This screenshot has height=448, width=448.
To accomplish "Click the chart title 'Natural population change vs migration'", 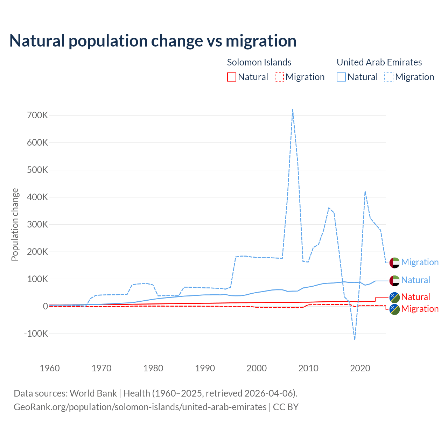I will click(x=153, y=41).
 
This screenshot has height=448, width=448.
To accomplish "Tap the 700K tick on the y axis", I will click(x=37, y=115).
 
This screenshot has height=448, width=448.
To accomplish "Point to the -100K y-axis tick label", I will click(x=36, y=334).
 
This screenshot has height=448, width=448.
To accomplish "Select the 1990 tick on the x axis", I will click(x=205, y=368).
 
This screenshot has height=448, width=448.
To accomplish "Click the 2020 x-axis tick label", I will click(x=360, y=368).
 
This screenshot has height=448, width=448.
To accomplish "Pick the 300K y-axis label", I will click(x=37, y=224).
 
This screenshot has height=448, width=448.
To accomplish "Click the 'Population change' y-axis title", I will click(x=15, y=224).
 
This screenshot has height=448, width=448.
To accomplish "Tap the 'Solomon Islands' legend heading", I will click(x=259, y=62).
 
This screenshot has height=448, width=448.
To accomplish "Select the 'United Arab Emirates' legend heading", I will click(x=379, y=62).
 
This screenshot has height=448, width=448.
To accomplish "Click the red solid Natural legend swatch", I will click(x=232, y=77).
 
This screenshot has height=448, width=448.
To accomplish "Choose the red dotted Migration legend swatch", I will click(x=279, y=77).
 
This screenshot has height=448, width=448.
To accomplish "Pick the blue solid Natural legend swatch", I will click(x=341, y=77).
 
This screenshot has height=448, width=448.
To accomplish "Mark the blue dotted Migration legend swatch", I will click(x=389, y=77).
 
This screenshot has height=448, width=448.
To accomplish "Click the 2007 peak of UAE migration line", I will click(x=292, y=109).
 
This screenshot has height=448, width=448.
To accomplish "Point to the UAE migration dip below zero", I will click(x=355, y=339).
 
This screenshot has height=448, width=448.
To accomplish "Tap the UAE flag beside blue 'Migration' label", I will click(x=394, y=262).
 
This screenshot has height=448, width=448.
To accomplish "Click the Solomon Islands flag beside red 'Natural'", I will click(x=394, y=297).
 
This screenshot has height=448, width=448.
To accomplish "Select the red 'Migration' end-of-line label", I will click(x=420, y=309).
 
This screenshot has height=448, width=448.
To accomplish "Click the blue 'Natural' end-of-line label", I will click(x=415, y=280).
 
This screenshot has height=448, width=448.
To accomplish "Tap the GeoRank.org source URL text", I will click(x=140, y=407).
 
